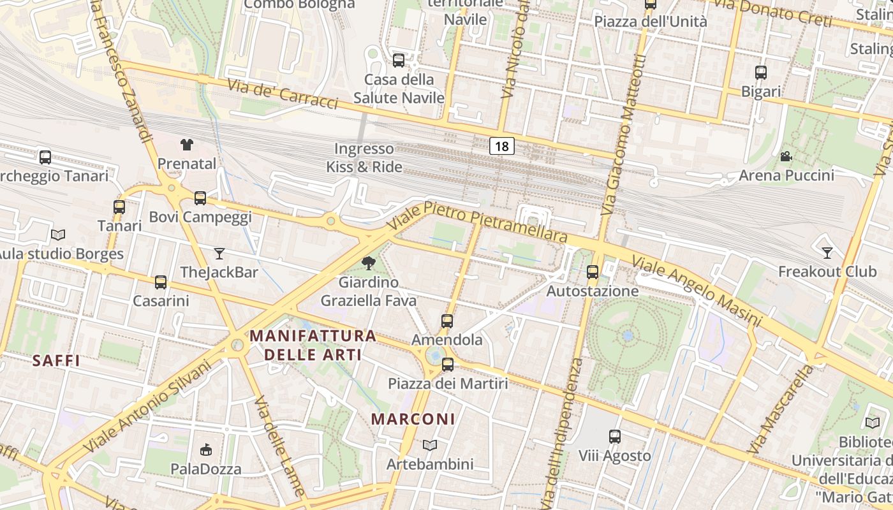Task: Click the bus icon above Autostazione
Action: coord(593,272)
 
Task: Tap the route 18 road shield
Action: coord(502,146)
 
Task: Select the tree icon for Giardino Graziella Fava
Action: coord(368,263)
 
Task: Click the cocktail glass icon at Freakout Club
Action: coord(827,252)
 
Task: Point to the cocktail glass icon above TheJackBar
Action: coord(219,254)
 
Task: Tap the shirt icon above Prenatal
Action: coord(186,145)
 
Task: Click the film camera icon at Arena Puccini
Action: coord(786,156)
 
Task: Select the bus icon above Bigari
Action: coord(760,73)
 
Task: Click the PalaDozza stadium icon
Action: coord(205,450)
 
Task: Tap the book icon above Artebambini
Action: coord(430,445)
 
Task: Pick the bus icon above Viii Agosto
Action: coord(614,437)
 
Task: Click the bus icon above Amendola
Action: coord(447,321)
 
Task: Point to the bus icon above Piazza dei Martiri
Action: coord(448,365)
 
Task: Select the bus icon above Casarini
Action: coord(161,282)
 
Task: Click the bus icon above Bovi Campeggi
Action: coord(200,198)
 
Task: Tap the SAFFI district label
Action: coord(56,361)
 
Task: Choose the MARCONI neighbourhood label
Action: coord(413,419)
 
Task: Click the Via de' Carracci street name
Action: coord(282,93)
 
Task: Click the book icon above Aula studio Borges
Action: coord(58,235)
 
